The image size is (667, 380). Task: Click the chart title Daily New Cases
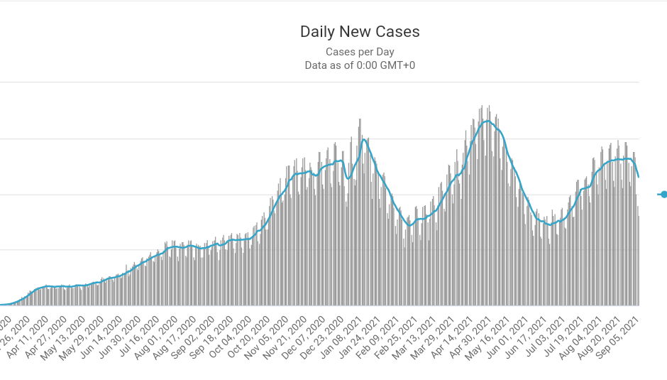(360, 32)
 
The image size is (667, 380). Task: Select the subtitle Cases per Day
(360, 52)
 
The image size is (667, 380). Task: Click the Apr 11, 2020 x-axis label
(32, 334)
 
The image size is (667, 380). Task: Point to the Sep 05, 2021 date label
(627, 334)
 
